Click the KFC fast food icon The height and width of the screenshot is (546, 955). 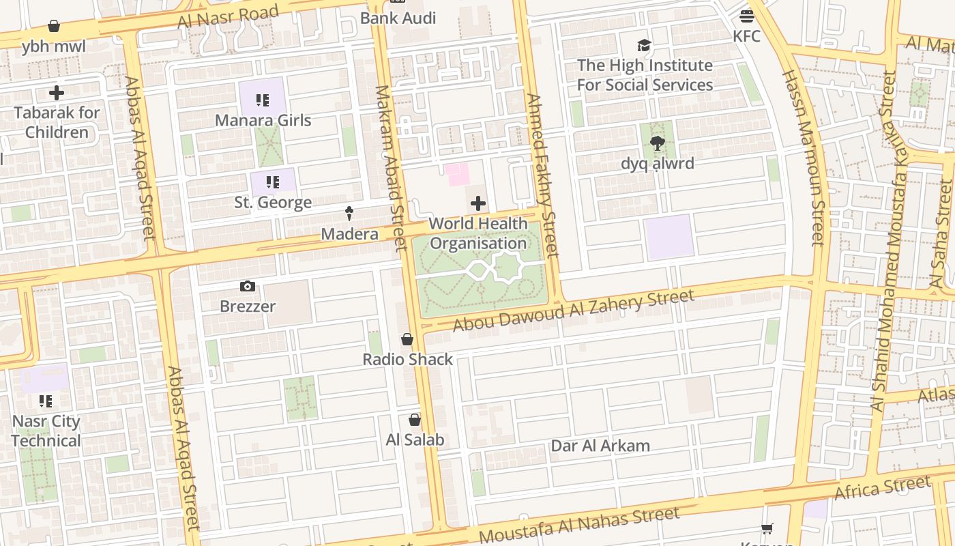pos(747,16)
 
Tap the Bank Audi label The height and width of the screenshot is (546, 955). pos(398,18)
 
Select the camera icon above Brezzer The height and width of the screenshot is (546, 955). pos(248,287)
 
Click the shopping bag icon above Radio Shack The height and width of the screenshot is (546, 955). pos(407,339)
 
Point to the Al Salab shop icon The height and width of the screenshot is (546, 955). pos(415,420)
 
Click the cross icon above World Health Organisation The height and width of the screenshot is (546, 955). pos(478,203)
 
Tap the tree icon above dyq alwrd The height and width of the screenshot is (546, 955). pos(658,143)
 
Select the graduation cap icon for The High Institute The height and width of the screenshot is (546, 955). pos(644,46)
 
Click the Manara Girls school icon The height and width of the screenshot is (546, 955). pos(263,101)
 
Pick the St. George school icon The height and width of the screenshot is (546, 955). pos(273,182)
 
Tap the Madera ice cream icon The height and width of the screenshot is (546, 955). pos(349,214)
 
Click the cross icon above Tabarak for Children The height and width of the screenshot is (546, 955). pos(57,93)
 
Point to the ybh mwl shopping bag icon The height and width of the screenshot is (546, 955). pos(54,27)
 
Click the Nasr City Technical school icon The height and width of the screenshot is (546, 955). pos(46,401)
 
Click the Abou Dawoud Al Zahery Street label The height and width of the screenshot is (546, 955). pos(573,311)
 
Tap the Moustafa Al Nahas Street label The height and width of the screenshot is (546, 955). pos(579,524)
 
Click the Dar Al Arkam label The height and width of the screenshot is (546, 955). pos(600,446)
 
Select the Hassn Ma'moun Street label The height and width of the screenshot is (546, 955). pos(803,157)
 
